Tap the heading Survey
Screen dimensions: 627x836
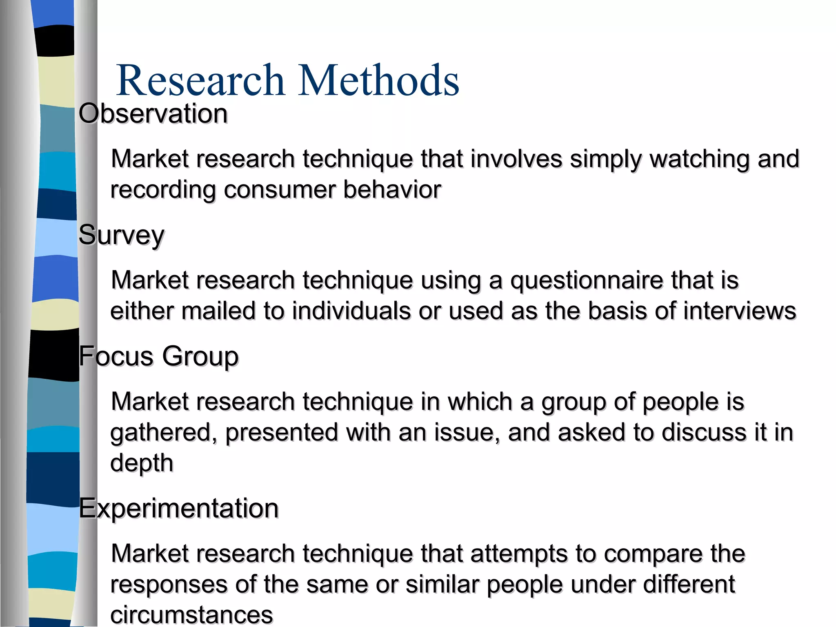121,235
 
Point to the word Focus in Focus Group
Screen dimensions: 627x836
116,356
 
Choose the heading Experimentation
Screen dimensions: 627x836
178,509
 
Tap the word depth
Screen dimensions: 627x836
142,463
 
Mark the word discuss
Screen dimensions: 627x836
702,432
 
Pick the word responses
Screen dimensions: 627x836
169,585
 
